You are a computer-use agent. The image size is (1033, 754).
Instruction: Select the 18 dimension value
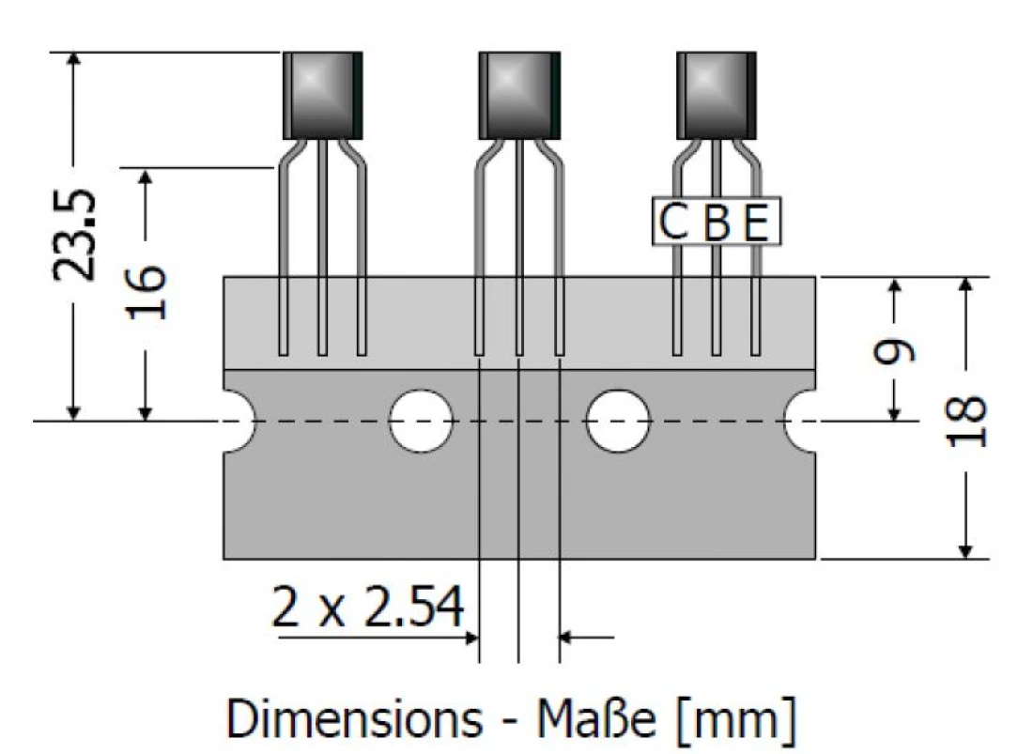click(x=967, y=418)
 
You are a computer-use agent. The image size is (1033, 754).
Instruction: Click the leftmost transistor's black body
click(x=322, y=95)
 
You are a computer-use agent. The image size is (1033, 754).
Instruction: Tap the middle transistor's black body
click(x=518, y=95)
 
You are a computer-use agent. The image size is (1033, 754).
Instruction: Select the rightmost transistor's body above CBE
click(x=716, y=95)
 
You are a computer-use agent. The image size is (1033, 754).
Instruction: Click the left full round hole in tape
click(x=421, y=420)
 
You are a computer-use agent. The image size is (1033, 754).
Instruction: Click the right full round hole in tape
click(x=617, y=420)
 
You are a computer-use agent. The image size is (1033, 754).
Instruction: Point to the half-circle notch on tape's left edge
click(x=239, y=420)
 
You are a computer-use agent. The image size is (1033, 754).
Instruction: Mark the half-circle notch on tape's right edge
click(x=801, y=420)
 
